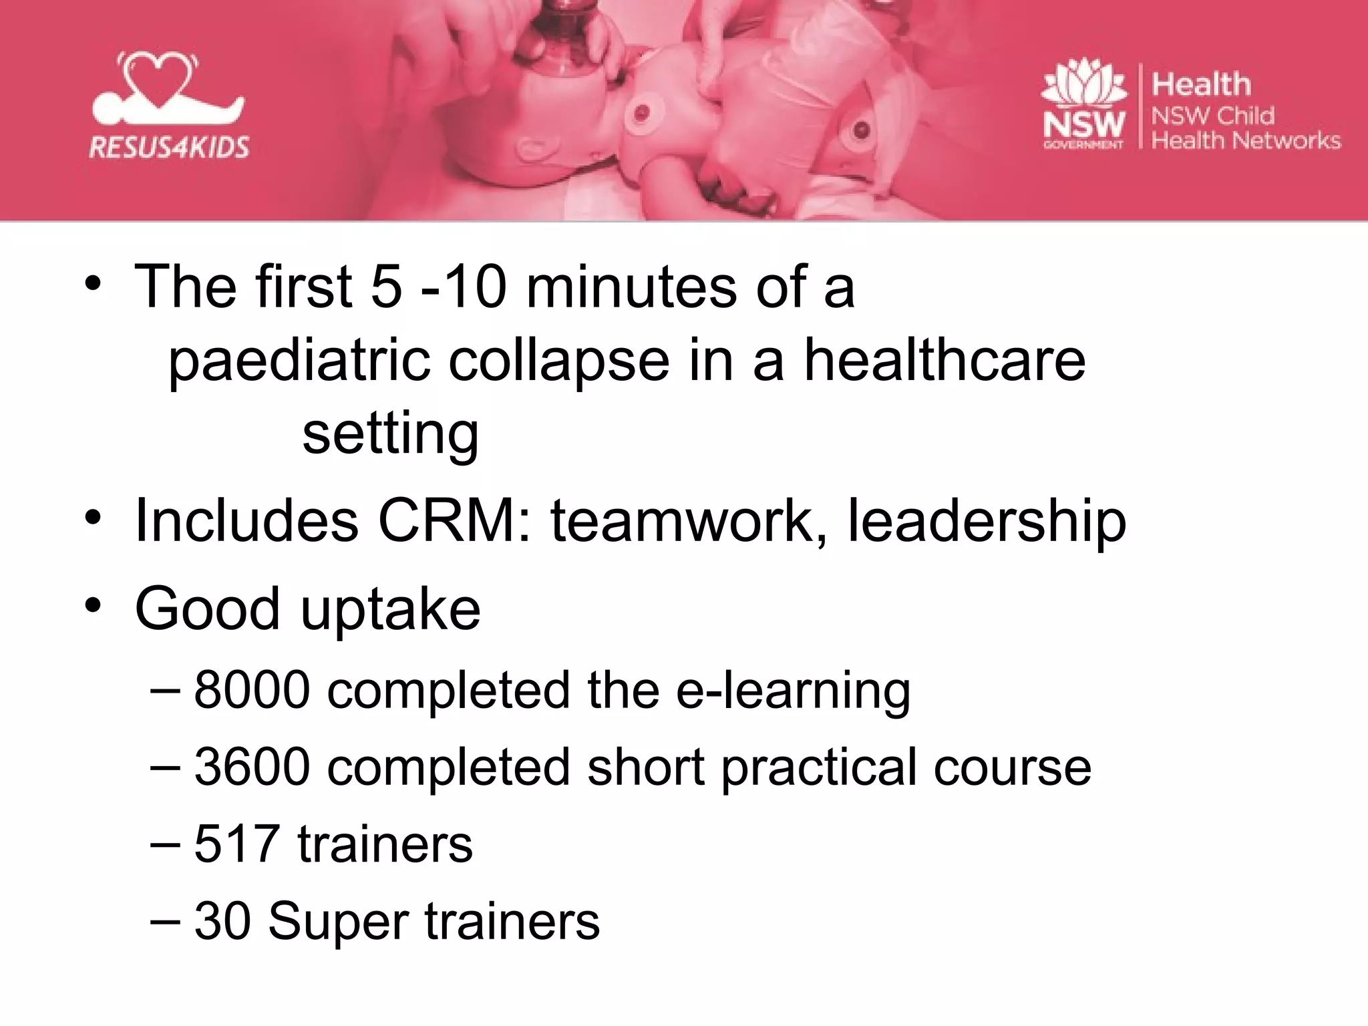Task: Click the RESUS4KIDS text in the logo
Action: coord(169,146)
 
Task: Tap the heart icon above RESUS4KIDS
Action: coord(158,79)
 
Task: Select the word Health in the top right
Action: coord(1201,85)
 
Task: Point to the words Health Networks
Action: coord(1246,140)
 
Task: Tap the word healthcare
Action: coord(945,361)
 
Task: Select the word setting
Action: coord(391,434)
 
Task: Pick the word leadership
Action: coord(987,522)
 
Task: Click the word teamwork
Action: coord(689,521)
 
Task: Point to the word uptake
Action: coord(391,609)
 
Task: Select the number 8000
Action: coord(252,689)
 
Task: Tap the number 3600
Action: coord(252,767)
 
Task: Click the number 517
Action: coord(236,844)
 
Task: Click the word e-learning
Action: coord(793,691)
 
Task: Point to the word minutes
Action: coord(632,287)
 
